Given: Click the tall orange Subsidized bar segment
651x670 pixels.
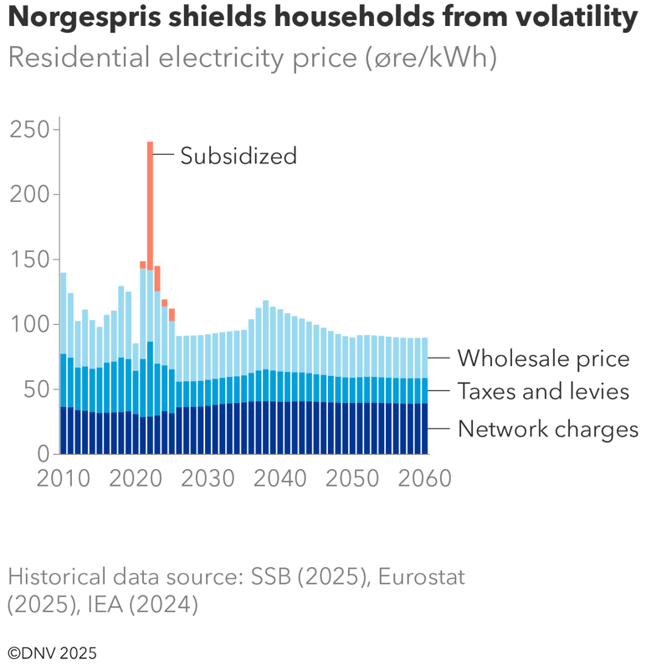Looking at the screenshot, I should pos(150,205).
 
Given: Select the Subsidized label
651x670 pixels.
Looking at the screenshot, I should pos(238,156).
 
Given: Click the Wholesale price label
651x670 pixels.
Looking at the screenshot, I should pos(543,359).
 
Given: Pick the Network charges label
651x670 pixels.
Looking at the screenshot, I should pos(548,430).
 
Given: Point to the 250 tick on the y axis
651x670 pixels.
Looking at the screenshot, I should pos(29,130).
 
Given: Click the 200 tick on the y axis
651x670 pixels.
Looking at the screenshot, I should pos(29,194).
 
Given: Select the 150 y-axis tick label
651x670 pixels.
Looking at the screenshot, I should pos(29,260).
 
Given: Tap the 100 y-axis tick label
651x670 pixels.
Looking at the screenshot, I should pos(29,324).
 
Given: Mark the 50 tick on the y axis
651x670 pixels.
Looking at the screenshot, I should pos(35,389).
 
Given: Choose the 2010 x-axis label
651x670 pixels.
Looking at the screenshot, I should pos(64,478).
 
